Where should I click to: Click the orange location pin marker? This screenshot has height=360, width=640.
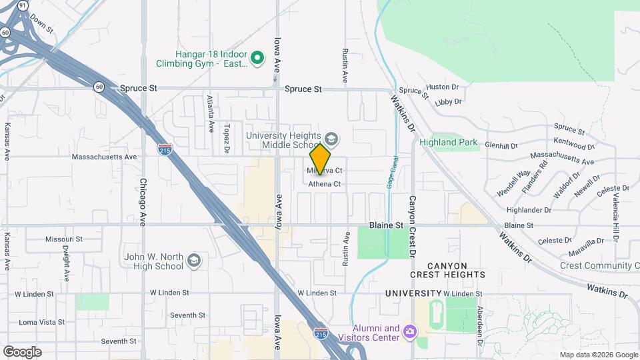pos(320,159)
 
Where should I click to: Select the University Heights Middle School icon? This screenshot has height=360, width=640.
pos(331,139)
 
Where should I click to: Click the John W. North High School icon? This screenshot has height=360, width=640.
pos(194,260)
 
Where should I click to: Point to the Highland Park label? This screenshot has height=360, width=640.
pos(447,142)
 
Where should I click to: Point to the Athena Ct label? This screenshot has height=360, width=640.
pos(325,184)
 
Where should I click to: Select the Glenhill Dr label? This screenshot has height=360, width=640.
pos(501,145)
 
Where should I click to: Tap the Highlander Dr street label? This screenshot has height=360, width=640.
pos(529,209)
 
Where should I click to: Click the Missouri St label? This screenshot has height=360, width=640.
pos(64,239)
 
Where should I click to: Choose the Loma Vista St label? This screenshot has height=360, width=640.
pos(41,322)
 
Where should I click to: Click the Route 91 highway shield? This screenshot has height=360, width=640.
pos(23,5)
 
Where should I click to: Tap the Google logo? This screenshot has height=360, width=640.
pos(22,351)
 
